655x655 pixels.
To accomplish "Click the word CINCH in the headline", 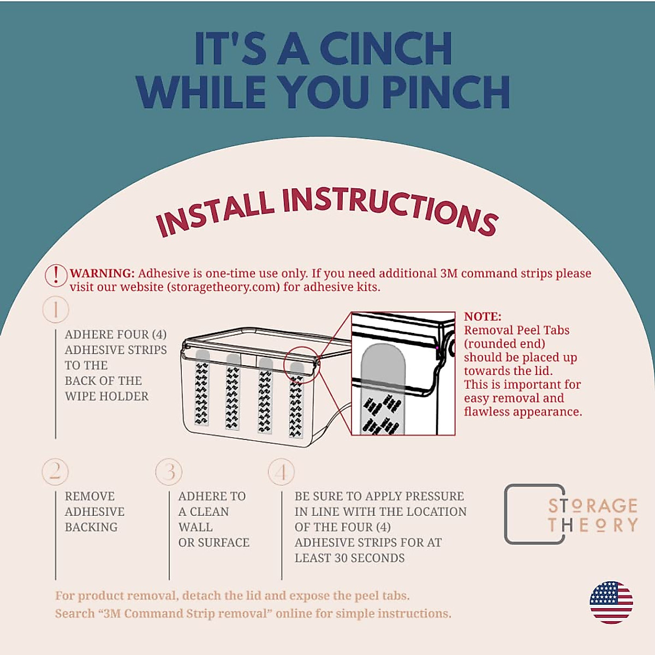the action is [386, 49].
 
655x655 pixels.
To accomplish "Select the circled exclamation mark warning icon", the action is [56, 275].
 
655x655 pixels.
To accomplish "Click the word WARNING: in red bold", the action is [103, 273].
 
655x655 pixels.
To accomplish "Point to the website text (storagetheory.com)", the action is [223, 287].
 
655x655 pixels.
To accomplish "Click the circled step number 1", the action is [56, 309].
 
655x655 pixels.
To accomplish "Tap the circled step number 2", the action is [55, 472].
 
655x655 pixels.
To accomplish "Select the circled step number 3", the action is [169, 472].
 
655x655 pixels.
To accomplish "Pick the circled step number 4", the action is [281, 472].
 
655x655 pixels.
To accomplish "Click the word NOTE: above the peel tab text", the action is [483, 317].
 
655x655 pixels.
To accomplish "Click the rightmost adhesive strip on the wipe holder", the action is [296, 400].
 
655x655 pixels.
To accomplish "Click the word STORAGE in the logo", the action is [592, 506].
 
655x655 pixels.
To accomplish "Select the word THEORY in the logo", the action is [592, 525].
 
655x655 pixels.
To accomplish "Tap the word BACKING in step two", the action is [91, 527].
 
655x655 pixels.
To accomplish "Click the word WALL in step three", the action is [195, 527].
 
